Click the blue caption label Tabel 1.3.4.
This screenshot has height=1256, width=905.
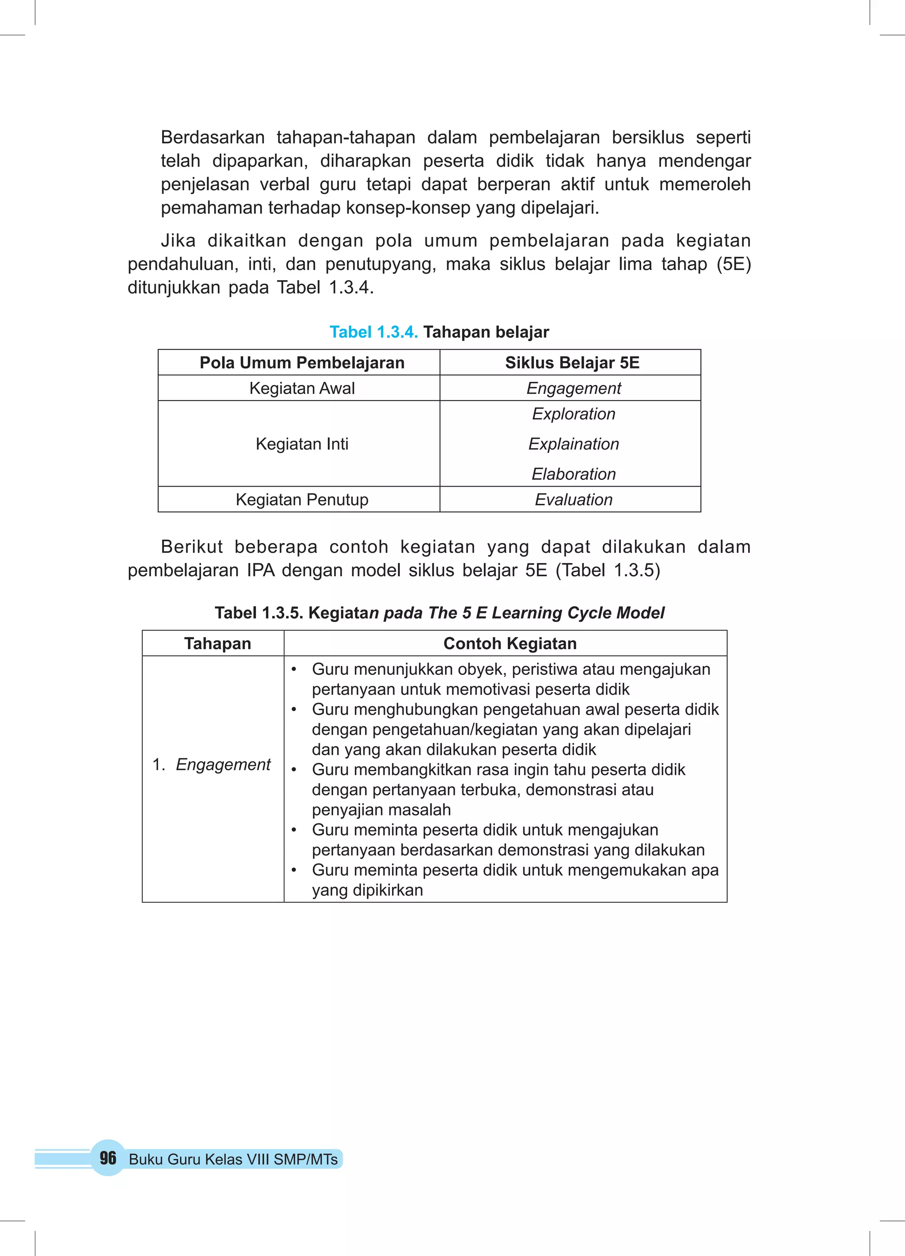(x=373, y=332)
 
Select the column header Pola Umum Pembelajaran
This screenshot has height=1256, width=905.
(x=302, y=363)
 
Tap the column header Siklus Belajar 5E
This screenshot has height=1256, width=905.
(x=572, y=363)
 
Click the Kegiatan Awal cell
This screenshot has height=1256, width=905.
(x=302, y=388)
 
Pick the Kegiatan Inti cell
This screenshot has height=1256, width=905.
(x=302, y=444)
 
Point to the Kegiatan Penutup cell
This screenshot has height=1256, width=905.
(x=302, y=499)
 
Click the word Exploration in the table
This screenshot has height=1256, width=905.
(x=573, y=414)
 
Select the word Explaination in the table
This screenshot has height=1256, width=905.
(x=573, y=444)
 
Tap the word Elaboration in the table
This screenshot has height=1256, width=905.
(x=573, y=474)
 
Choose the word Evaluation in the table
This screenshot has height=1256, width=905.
(x=573, y=499)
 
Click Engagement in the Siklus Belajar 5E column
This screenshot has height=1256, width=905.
(x=573, y=388)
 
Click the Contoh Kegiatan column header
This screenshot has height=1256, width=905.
(x=510, y=643)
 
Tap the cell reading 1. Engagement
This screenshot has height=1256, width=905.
(x=212, y=765)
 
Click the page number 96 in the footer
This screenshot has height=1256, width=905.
(x=108, y=1158)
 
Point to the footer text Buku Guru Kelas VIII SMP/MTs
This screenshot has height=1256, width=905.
(x=233, y=1160)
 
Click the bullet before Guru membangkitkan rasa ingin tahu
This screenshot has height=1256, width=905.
(x=294, y=770)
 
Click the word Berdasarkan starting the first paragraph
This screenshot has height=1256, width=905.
(x=213, y=137)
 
